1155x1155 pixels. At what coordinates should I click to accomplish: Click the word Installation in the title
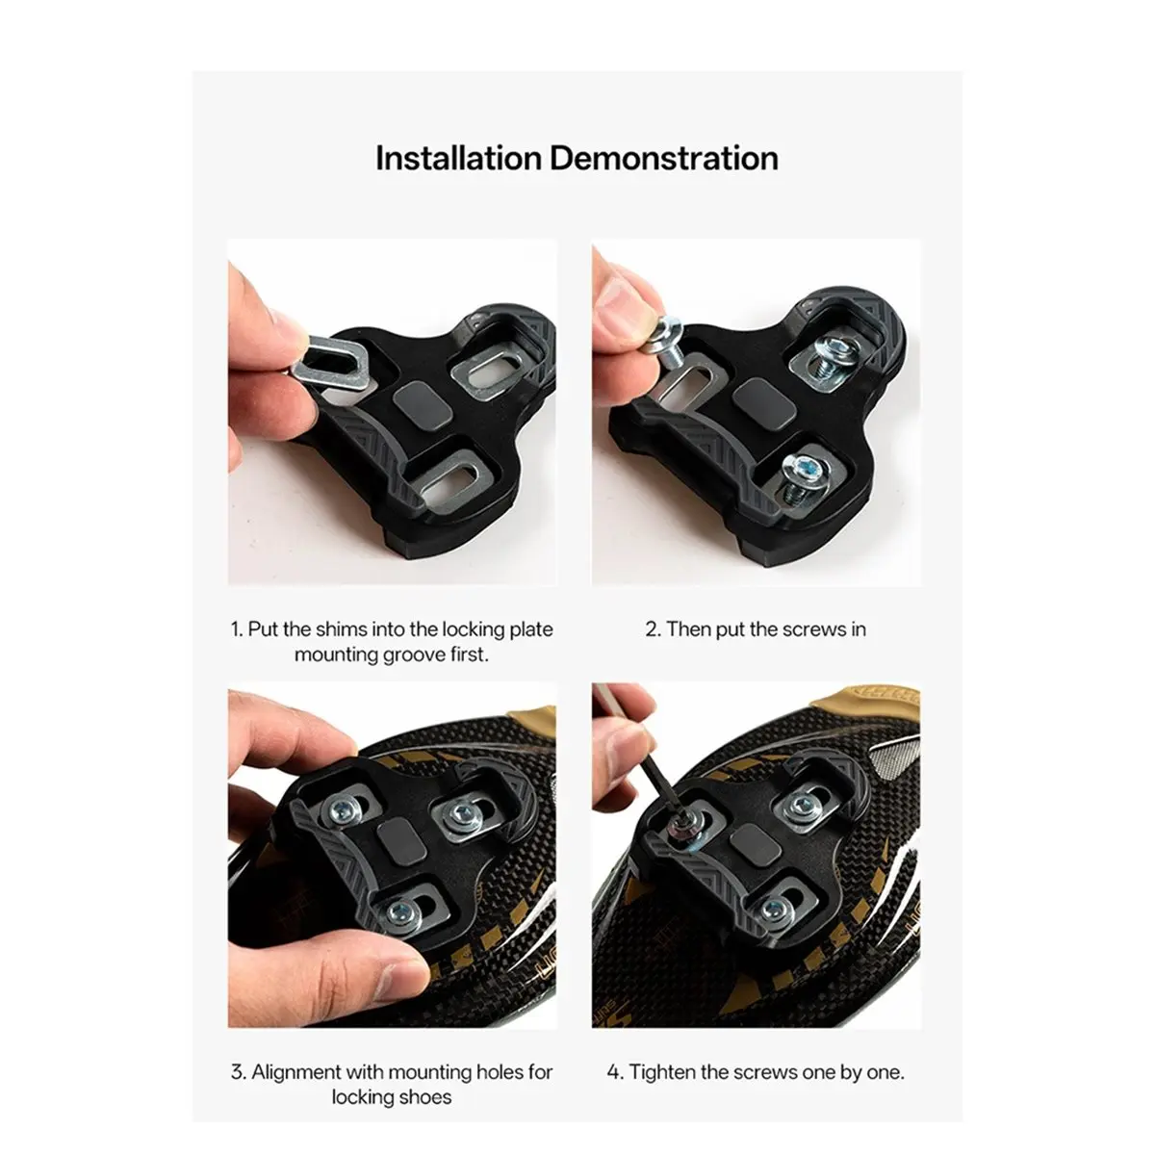(458, 158)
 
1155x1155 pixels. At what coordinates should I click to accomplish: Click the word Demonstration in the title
(664, 158)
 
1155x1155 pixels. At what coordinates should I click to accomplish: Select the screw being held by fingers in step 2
(667, 344)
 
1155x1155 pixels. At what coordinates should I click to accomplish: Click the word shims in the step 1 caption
(341, 629)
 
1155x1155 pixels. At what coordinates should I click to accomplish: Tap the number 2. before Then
(653, 629)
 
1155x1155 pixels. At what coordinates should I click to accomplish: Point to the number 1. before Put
(238, 629)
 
